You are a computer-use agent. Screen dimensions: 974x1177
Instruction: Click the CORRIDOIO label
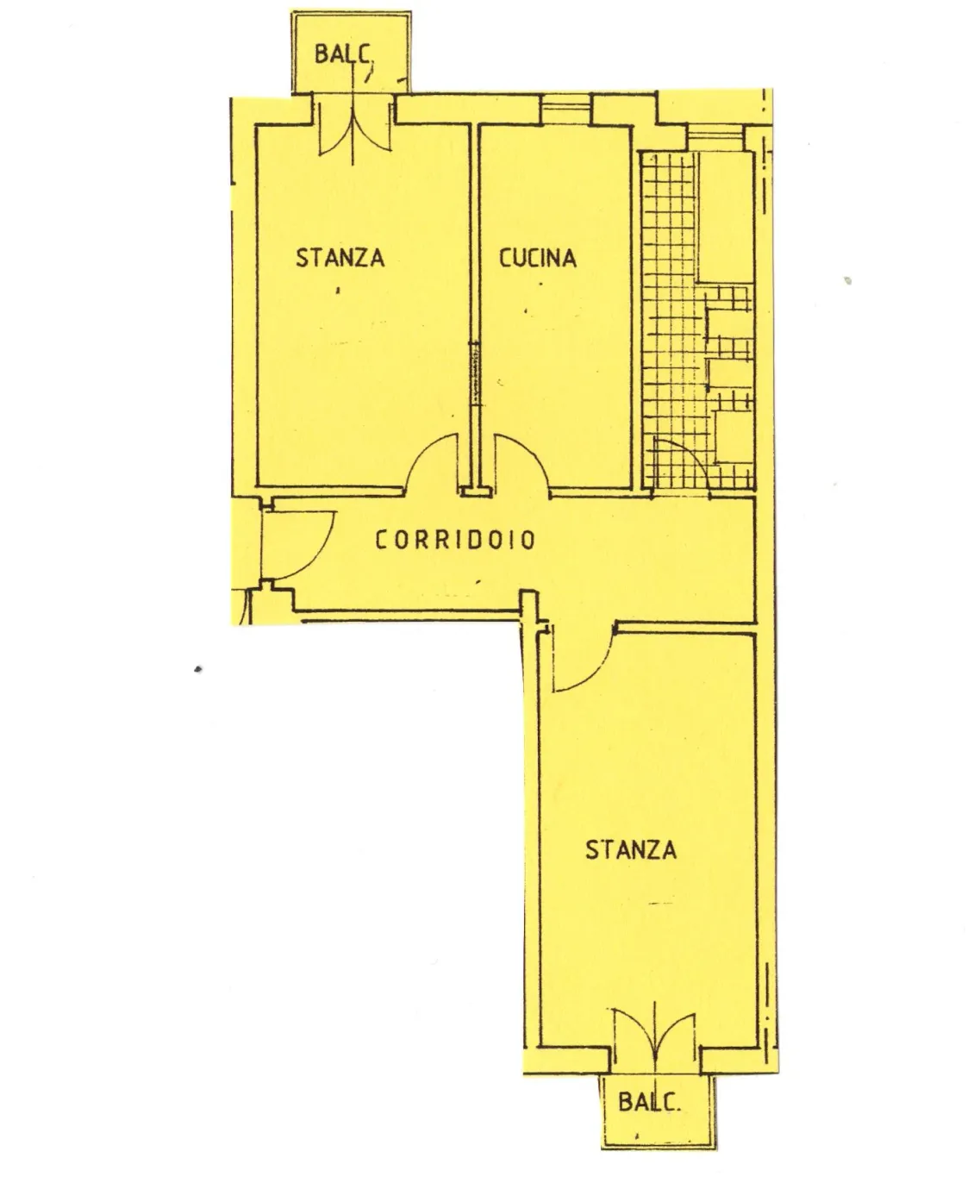click(455, 540)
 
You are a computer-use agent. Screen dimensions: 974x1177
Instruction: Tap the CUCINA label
click(538, 258)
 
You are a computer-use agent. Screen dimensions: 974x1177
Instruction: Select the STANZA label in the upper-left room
click(340, 258)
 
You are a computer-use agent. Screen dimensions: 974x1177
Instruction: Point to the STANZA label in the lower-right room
click(631, 849)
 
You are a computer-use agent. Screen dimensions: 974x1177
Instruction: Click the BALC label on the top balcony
click(343, 54)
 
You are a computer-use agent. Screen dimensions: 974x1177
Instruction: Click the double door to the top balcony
click(353, 131)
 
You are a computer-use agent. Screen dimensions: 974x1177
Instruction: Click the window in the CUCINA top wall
click(566, 110)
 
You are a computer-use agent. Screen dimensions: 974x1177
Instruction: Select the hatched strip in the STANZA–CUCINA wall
click(475, 373)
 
